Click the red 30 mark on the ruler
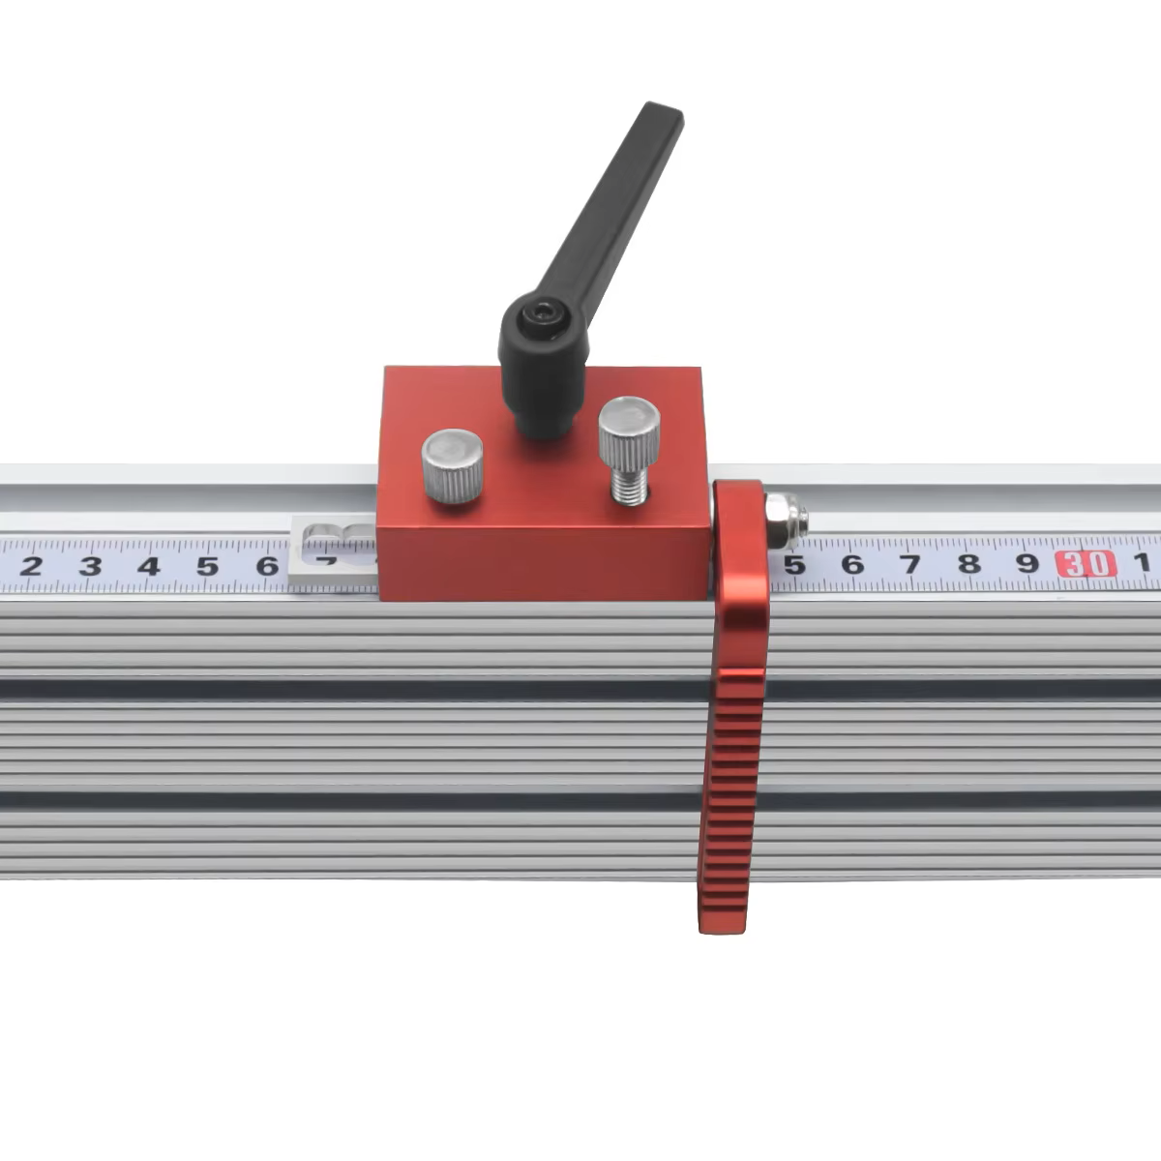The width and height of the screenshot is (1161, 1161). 1086,563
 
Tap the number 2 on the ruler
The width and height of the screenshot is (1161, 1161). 31,566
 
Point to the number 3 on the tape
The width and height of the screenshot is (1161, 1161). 90,566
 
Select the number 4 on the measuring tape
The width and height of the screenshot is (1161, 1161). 149,566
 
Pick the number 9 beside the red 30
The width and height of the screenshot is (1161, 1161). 1027,563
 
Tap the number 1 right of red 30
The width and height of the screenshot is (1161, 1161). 1142,562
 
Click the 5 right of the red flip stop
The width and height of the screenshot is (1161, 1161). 794,564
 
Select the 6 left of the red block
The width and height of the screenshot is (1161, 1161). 266,566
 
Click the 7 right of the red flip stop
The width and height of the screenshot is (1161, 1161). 910,563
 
